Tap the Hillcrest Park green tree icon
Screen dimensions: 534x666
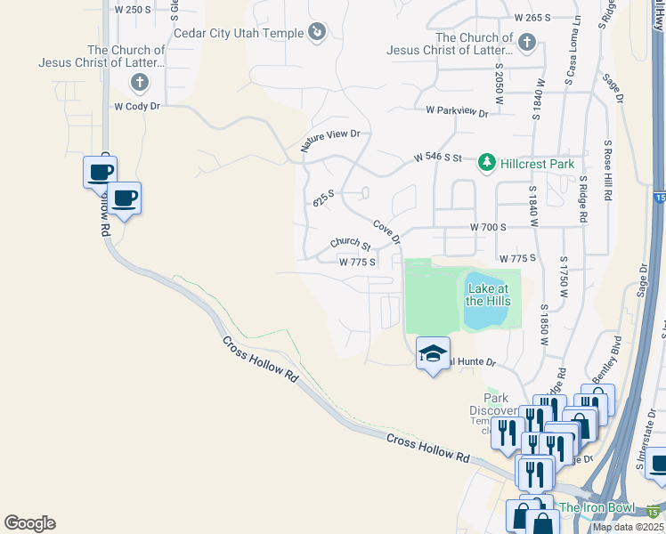487,163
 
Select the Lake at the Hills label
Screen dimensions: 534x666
488,295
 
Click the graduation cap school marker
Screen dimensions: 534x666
433,353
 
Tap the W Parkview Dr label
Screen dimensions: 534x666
458,112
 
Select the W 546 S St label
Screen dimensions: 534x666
438,158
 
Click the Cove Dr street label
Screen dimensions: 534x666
387,232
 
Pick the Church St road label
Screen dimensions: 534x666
350,243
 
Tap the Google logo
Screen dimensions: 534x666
29,523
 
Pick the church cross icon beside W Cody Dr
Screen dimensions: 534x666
139,84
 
